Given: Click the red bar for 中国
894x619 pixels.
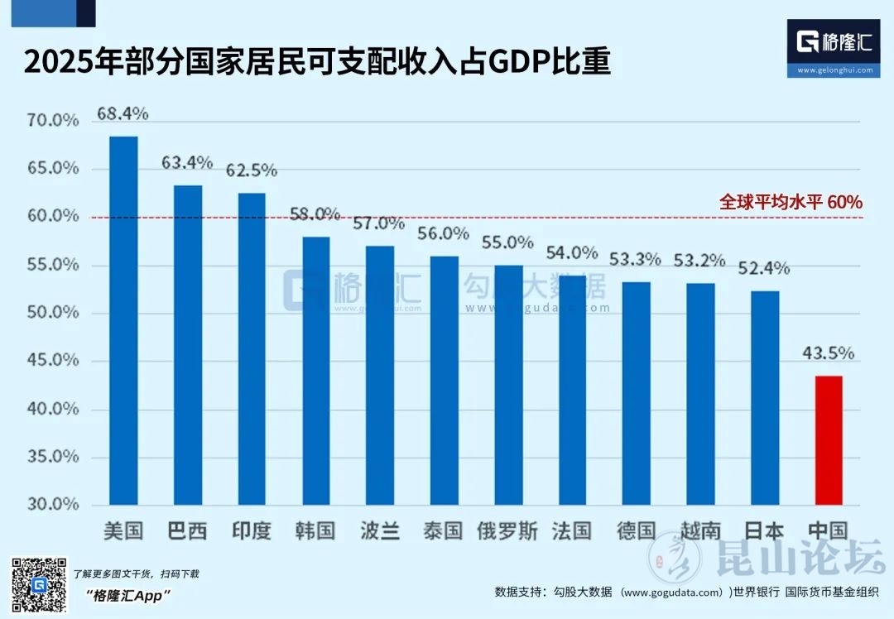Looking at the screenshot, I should tap(828, 440).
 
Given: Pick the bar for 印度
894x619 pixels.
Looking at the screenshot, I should tap(252, 348).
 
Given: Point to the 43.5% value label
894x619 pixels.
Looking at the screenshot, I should tap(828, 353).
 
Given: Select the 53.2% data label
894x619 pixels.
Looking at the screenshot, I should tap(699, 260).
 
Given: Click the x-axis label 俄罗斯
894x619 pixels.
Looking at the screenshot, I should tap(507, 530).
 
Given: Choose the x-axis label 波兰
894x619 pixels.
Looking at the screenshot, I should tap(380, 530).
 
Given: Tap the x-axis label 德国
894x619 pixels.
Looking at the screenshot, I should tap(636, 530).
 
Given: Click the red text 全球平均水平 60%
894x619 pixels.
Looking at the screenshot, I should tap(791, 202).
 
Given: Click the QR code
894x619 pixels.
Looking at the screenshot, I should tap(38, 585).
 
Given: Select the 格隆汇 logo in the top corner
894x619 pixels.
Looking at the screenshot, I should tap(834, 48).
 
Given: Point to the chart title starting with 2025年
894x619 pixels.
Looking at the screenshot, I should tap(317, 63).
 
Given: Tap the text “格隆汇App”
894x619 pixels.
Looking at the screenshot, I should tap(127, 596).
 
